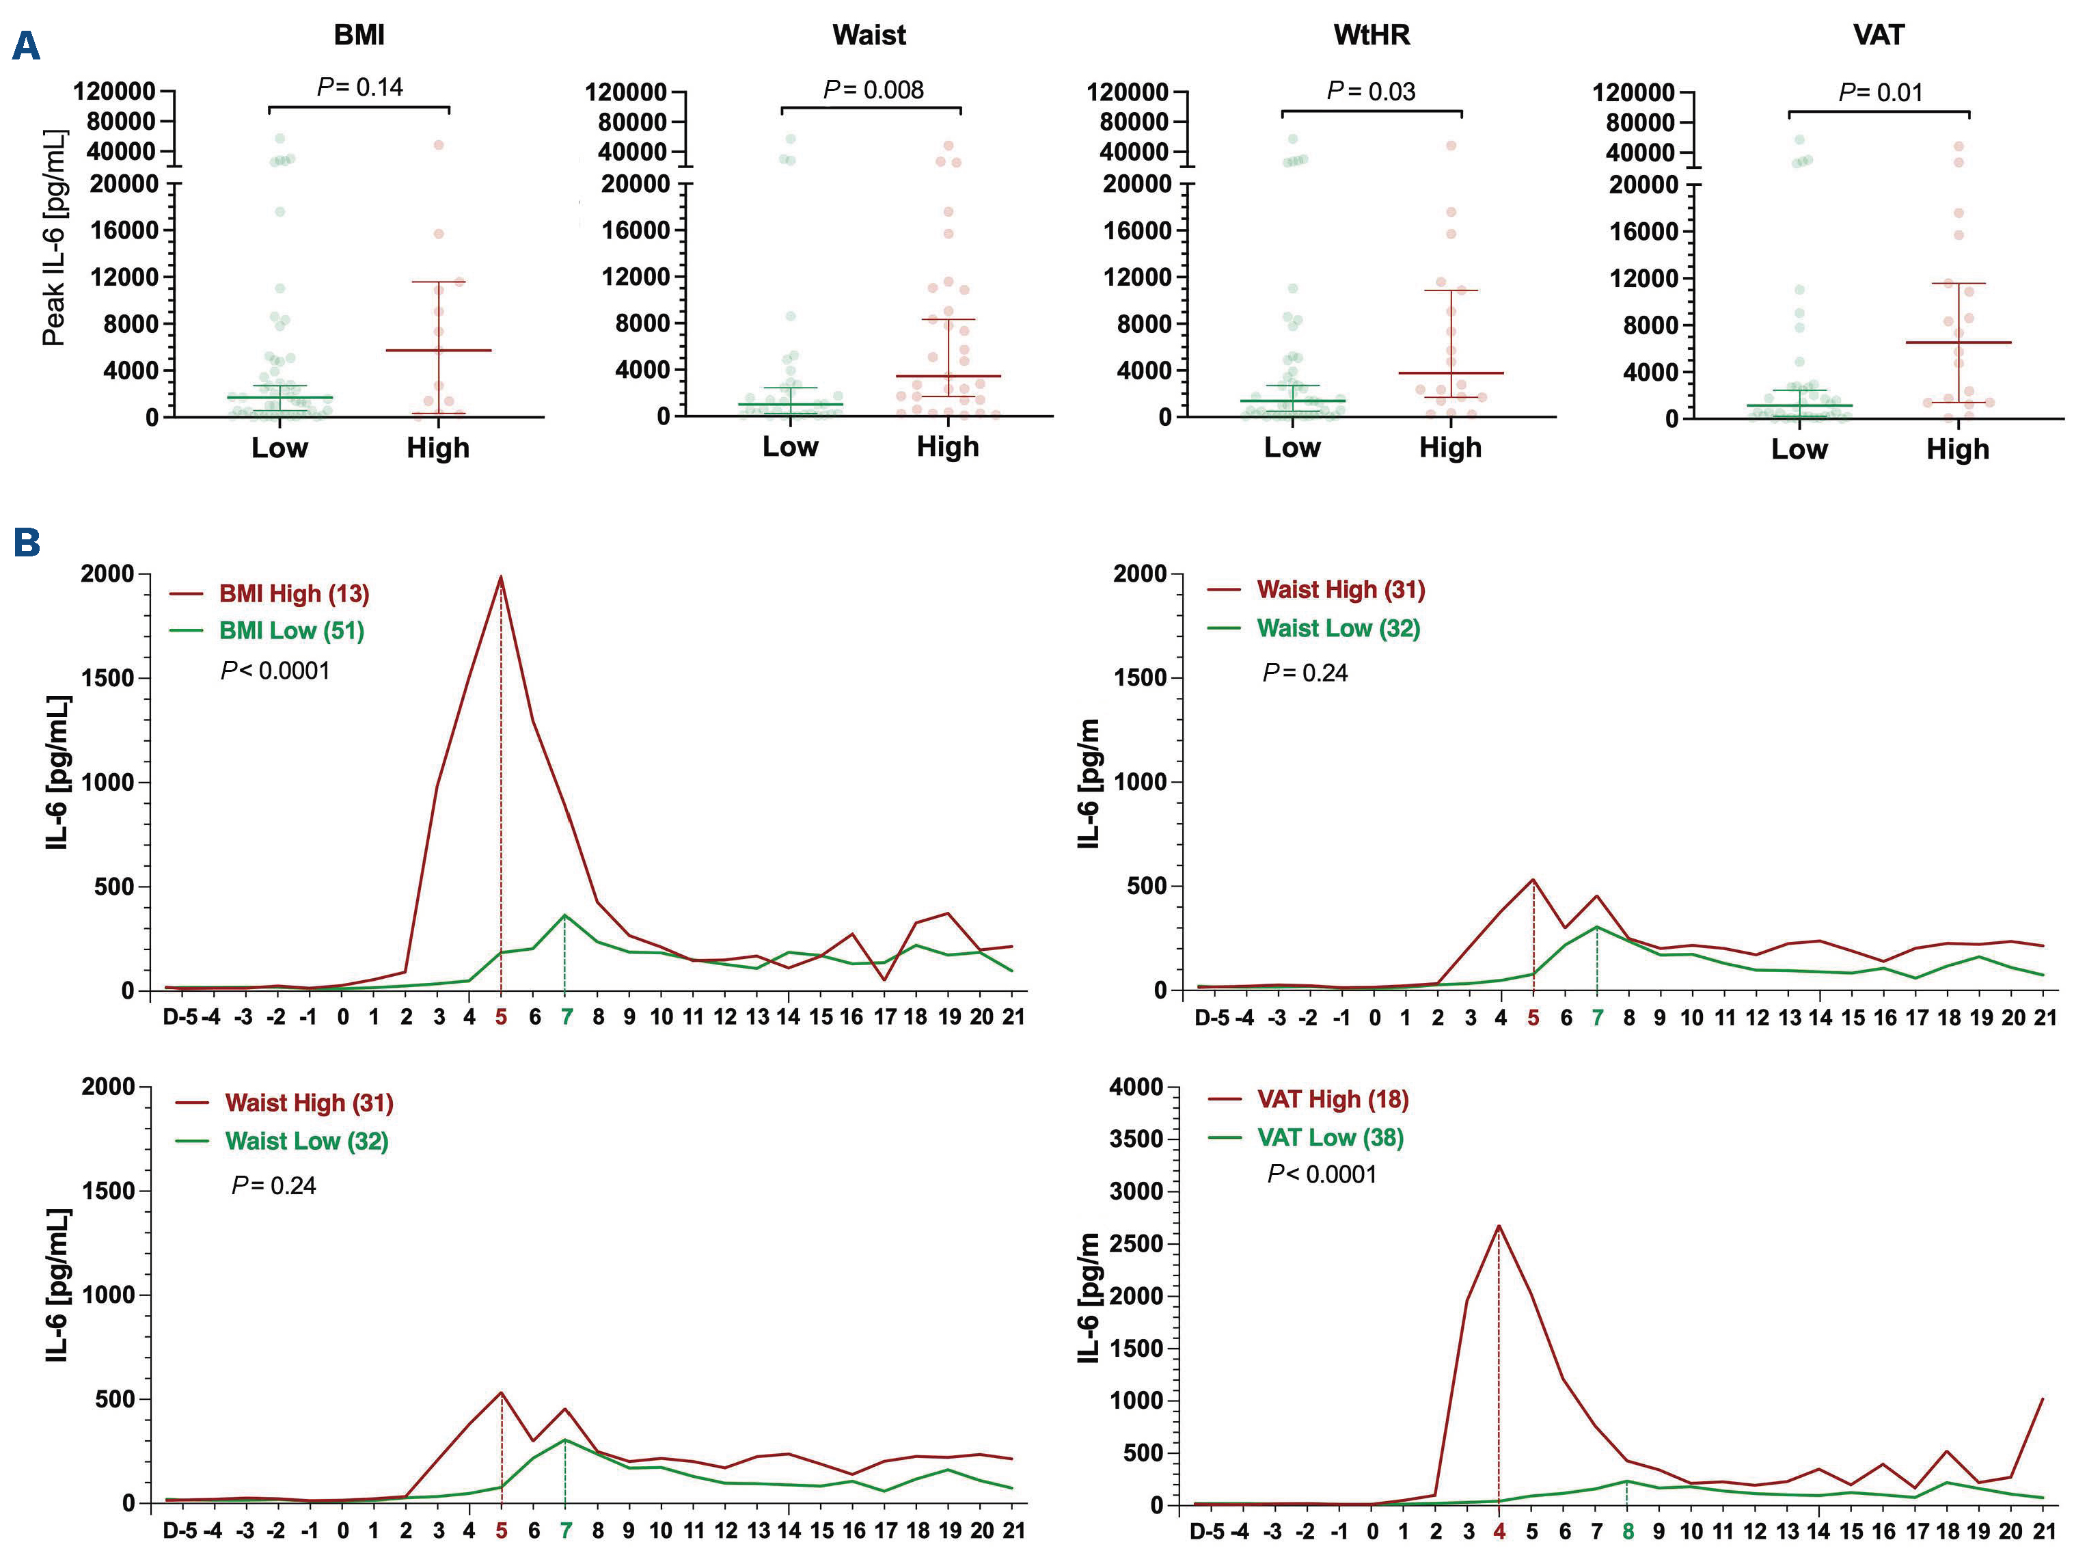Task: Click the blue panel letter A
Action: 26,45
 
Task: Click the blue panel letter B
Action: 26,542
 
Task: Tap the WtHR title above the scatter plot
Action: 1371,36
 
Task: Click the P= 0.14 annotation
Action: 360,87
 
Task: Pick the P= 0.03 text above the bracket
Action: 1371,92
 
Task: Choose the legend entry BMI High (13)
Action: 293,593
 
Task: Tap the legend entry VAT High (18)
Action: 1333,1099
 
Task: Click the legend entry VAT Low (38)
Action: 1330,1137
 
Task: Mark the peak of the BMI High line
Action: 502,577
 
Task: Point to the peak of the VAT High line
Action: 1499,1226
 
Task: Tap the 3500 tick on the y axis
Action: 1136,1139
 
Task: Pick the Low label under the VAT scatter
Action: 1799,449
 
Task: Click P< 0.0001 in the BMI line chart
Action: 275,671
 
